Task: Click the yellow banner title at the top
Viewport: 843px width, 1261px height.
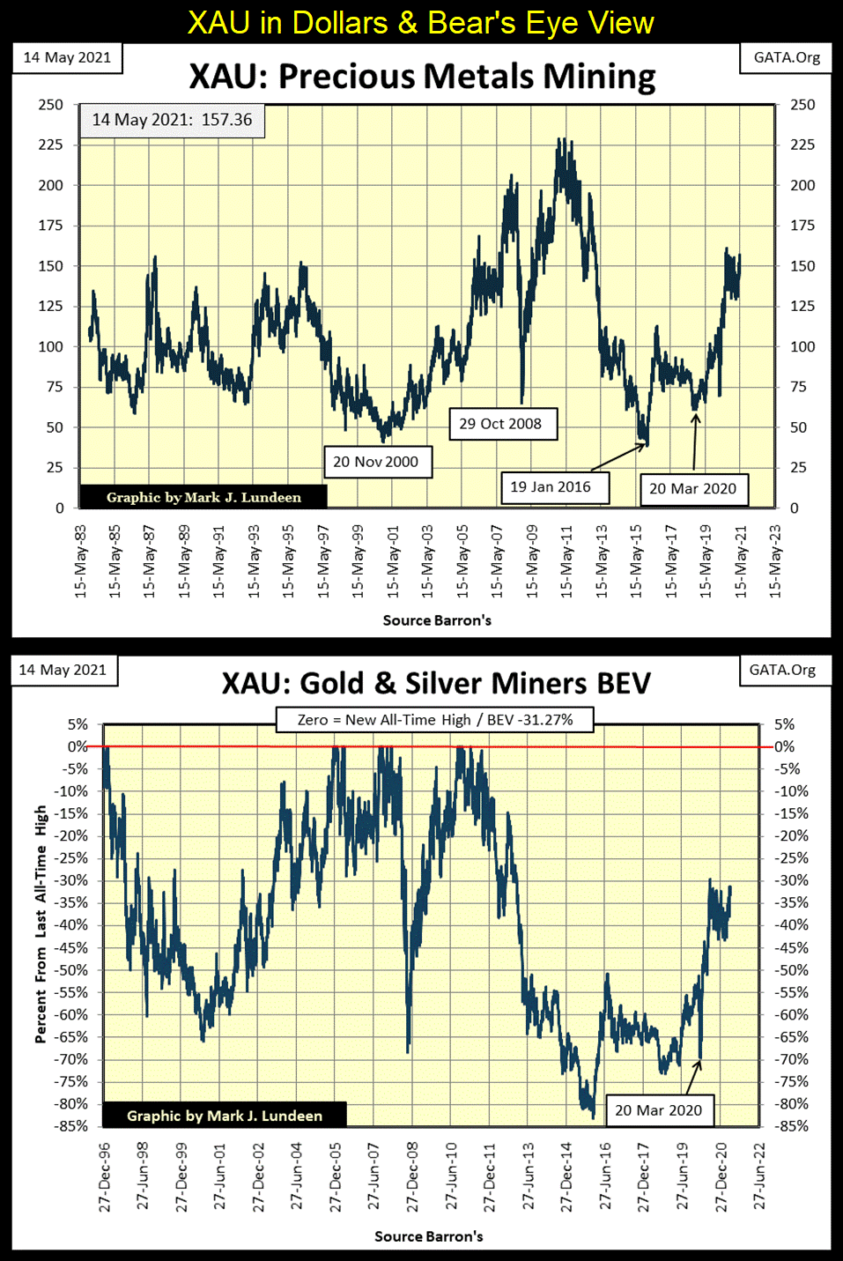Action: click(x=421, y=22)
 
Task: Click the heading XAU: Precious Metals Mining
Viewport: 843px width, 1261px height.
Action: click(x=422, y=77)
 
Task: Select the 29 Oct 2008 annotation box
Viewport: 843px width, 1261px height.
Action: click(x=500, y=424)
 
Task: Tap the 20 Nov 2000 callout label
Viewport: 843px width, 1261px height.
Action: click(x=376, y=462)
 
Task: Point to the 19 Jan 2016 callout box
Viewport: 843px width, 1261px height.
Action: click(x=551, y=486)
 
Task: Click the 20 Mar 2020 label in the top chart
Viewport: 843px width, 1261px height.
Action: click(x=692, y=489)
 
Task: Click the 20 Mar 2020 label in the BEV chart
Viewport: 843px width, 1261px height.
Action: click(x=658, y=1110)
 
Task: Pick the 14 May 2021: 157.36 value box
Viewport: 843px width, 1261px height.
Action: click(x=172, y=120)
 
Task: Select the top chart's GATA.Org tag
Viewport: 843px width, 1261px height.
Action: click(x=787, y=57)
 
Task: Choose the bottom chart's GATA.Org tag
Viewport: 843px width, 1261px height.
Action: click(x=782, y=670)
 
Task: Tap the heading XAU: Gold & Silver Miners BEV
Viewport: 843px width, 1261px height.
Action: click(x=436, y=684)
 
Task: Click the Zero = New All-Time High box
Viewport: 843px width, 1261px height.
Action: click(x=435, y=720)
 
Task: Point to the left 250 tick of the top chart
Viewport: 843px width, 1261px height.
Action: click(x=51, y=105)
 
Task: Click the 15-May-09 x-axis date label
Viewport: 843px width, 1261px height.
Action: click(x=532, y=562)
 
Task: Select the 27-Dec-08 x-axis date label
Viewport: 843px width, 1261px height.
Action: click(x=412, y=1177)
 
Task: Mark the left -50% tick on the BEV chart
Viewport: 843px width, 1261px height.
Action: click(x=72, y=970)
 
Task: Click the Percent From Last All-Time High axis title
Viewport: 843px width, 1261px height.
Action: click(x=41, y=923)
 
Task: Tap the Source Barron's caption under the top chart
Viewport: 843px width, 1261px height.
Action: click(x=437, y=620)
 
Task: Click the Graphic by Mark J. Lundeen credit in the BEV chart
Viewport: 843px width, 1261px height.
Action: click(x=225, y=1116)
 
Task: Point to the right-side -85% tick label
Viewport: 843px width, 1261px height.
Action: click(x=791, y=1126)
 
